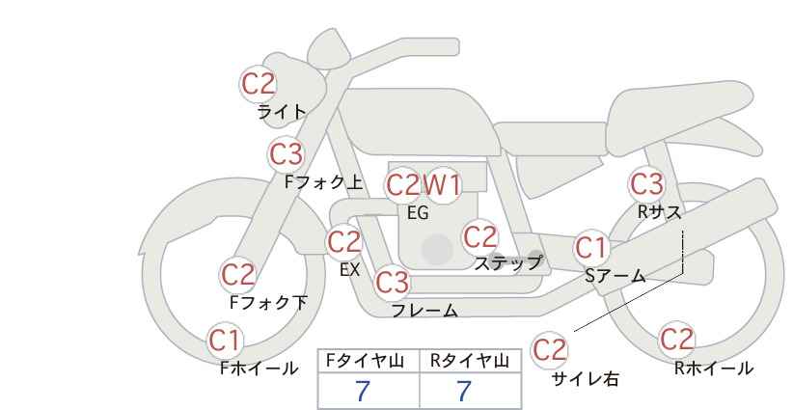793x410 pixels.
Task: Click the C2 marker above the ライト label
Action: [258, 84]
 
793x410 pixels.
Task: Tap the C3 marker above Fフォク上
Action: [287, 153]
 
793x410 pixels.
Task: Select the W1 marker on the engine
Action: [442, 185]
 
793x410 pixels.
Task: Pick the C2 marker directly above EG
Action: [403, 185]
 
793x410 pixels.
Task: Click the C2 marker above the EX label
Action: [344, 242]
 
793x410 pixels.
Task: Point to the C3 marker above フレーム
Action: [393, 282]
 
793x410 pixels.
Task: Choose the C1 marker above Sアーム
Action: [590, 248]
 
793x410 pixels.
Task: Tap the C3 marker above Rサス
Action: [646, 183]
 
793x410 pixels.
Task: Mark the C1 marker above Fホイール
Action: [225, 341]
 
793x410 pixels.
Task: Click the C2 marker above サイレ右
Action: [549, 350]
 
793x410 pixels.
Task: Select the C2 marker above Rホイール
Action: [676, 340]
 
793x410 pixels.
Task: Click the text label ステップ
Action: [508, 263]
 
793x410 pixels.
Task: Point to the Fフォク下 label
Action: [268, 302]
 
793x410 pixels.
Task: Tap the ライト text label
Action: [282, 111]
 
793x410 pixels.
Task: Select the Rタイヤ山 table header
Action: [470, 361]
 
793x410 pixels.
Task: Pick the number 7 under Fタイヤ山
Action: [363, 391]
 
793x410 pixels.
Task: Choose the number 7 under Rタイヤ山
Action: [464, 391]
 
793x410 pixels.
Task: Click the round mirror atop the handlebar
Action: [329, 48]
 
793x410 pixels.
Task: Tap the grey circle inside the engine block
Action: [437, 249]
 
